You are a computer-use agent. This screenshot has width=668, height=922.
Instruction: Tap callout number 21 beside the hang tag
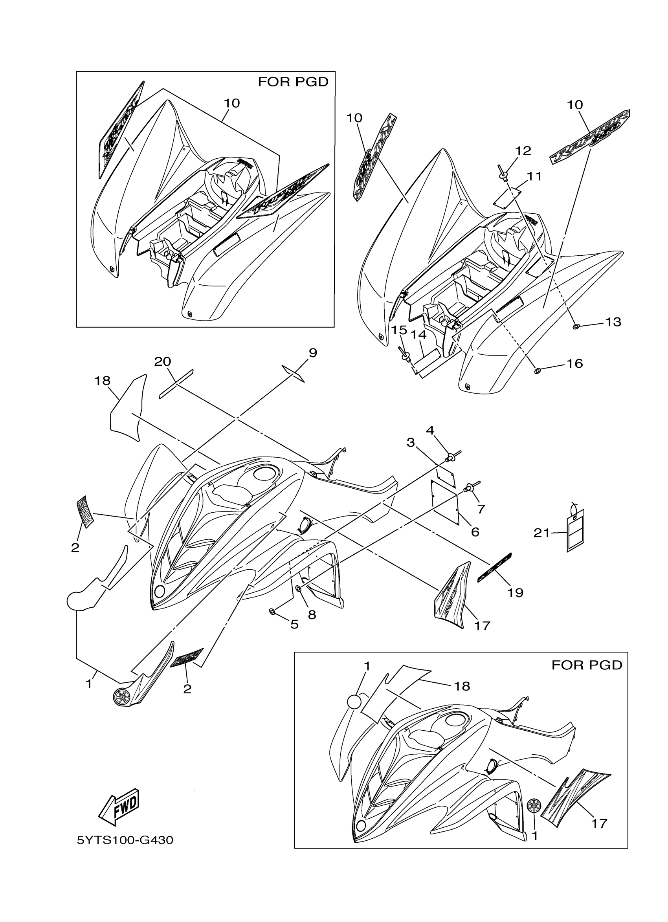542,533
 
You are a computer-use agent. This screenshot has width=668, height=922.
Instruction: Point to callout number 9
312,352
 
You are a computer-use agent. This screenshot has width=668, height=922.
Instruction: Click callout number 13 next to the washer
613,322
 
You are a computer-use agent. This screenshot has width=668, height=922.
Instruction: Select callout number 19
515,592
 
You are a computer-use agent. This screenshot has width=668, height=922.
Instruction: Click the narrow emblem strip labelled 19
494,568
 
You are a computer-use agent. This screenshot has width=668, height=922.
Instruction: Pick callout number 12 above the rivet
523,151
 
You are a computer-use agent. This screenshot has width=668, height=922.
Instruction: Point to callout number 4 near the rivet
430,430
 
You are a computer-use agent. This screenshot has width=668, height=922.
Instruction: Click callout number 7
481,509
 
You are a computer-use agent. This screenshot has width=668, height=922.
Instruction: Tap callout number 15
399,330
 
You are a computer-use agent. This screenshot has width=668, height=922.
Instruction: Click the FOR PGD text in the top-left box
293,82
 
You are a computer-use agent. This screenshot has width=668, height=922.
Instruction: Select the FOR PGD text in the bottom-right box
587,665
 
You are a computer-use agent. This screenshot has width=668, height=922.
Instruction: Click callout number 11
535,176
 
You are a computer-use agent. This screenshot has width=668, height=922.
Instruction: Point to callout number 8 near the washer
312,615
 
